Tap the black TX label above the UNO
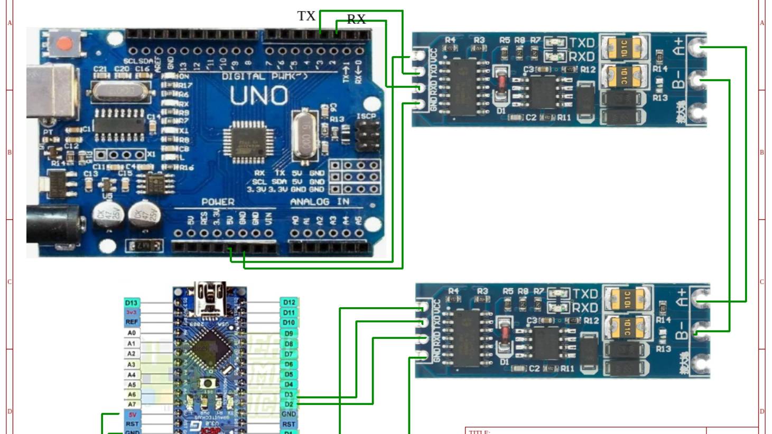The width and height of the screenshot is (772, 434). click(306, 16)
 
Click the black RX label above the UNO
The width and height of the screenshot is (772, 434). click(356, 20)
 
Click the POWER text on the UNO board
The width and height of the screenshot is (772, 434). click(218, 202)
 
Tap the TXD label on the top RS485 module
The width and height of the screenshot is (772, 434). click(582, 43)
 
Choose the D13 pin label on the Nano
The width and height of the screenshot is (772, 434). click(132, 303)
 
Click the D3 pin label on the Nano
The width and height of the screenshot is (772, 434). click(289, 394)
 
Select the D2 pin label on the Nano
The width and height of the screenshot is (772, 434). click(289, 404)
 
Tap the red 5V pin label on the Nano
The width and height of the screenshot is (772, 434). click(132, 414)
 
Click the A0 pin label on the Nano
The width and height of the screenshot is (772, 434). click(132, 333)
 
